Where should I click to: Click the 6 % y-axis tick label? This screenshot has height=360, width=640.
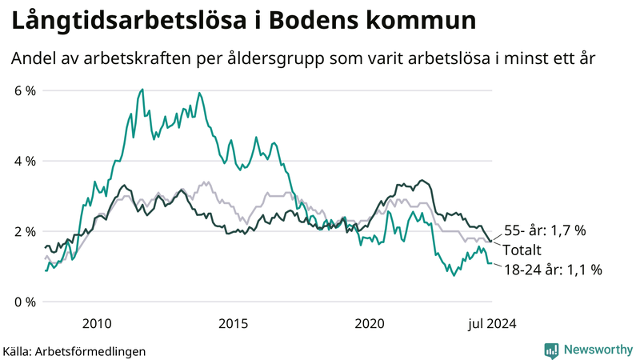coord(24,90)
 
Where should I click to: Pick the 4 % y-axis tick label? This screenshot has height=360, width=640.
coord(24,161)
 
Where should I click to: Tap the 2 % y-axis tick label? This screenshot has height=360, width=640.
coord(24,231)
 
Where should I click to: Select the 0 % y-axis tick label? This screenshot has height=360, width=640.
coord(24,302)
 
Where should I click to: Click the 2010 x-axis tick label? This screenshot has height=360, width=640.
coord(96,324)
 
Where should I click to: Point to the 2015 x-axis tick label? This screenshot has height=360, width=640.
coord(234,324)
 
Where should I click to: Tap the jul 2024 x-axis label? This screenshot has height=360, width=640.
coord(492,324)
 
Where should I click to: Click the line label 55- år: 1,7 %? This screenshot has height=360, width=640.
coord(544,230)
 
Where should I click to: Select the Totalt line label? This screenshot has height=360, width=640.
coord(522,250)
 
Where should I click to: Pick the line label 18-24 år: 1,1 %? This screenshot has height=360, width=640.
coord(552,270)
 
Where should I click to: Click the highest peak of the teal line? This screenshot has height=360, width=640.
coord(142,90)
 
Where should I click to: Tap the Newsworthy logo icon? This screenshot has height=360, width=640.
coord(551,349)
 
